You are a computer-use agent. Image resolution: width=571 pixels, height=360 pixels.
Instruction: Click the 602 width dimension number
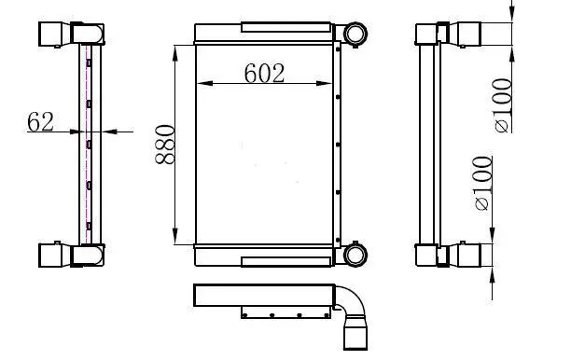[x=264, y=73]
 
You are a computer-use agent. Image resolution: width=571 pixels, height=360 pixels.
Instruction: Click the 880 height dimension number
[x=165, y=145]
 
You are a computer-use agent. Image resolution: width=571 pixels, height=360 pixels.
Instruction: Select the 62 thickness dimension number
[x=40, y=121]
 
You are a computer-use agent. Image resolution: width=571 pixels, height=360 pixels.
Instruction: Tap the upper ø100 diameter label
[x=503, y=105]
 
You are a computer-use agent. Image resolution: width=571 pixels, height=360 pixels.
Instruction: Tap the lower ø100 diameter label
[x=483, y=184]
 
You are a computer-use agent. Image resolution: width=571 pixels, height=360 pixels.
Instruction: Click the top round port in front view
[x=355, y=34]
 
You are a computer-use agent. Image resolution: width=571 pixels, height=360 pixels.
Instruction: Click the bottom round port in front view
[x=355, y=255]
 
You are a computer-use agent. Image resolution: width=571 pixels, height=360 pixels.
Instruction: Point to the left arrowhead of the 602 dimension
[x=204, y=83]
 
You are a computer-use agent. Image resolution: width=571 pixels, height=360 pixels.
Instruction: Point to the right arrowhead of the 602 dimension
[x=324, y=83]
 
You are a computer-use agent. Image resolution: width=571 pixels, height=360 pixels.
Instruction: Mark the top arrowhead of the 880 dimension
[x=175, y=53]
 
